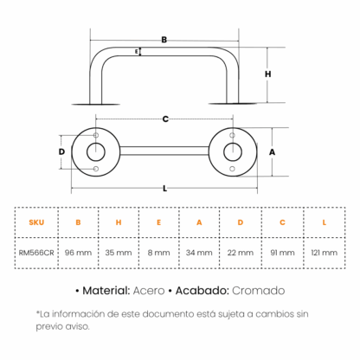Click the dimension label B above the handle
click(x=164, y=40)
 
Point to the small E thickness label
click(x=137, y=52)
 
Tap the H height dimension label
click(x=268, y=74)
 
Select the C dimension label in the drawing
click(x=165, y=119)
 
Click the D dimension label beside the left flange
click(x=61, y=151)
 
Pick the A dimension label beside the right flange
click(x=272, y=152)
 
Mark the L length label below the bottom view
click(x=164, y=189)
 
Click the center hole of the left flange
click(x=96, y=152)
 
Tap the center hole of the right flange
click(x=233, y=152)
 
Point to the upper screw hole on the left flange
click(x=96, y=135)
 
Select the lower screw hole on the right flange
click(x=232, y=169)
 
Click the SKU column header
click(x=36, y=222)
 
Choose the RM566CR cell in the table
click(x=36, y=253)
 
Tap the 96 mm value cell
click(x=78, y=253)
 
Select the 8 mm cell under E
click(x=158, y=253)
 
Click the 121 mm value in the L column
click(x=325, y=253)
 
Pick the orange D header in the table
click(x=241, y=222)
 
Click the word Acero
click(x=149, y=291)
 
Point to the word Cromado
click(x=259, y=291)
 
